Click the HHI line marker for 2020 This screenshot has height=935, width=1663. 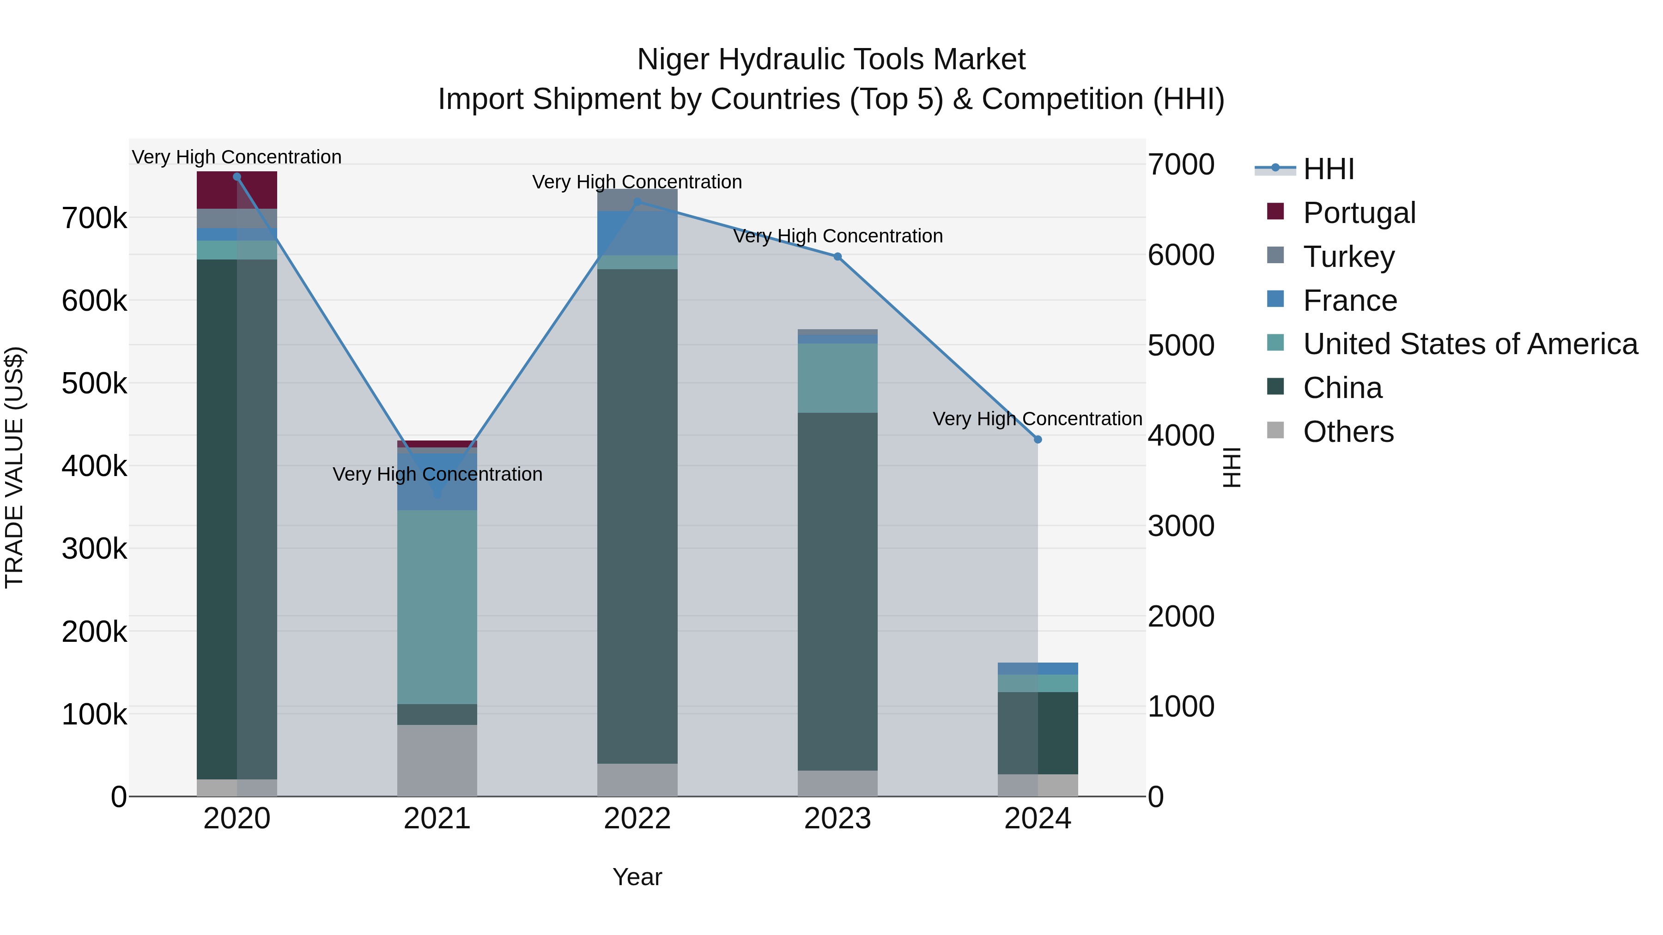pyautogui.click(x=237, y=177)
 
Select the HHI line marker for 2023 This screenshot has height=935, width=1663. pyautogui.click(x=838, y=257)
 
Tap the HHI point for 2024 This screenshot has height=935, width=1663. pyautogui.click(x=1038, y=440)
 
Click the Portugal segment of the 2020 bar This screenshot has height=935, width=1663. pyautogui.click(x=237, y=190)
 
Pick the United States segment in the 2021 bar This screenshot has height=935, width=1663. pyautogui.click(x=437, y=607)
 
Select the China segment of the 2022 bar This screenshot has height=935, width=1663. pyautogui.click(x=637, y=516)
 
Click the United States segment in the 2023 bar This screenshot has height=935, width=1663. pyautogui.click(x=838, y=378)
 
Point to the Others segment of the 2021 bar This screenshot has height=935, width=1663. pyautogui.click(x=437, y=760)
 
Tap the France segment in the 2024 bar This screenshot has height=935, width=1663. pyautogui.click(x=1038, y=669)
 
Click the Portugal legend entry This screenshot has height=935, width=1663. pyautogui.click(x=1359, y=213)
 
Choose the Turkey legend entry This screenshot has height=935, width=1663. pyautogui.click(x=1348, y=257)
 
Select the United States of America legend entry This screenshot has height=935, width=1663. pyautogui.click(x=1470, y=344)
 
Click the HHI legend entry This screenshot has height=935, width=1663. pyautogui.click(x=1328, y=169)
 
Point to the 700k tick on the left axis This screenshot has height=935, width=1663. pyautogui.click(x=94, y=219)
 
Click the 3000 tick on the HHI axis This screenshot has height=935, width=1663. pyautogui.click(x=1181, y=526)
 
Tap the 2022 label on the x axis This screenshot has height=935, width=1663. pyautogui.click(x=637, y=819)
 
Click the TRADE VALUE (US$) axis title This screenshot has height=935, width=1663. pyautogui.click(x=14, y=467)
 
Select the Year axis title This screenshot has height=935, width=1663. pyautogui.click(x=637, y=877)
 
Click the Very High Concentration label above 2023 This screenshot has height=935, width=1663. pyautogui.click(x=838, y=236)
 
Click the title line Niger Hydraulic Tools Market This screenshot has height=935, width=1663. pyautogui.click(x=831, y=60)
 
